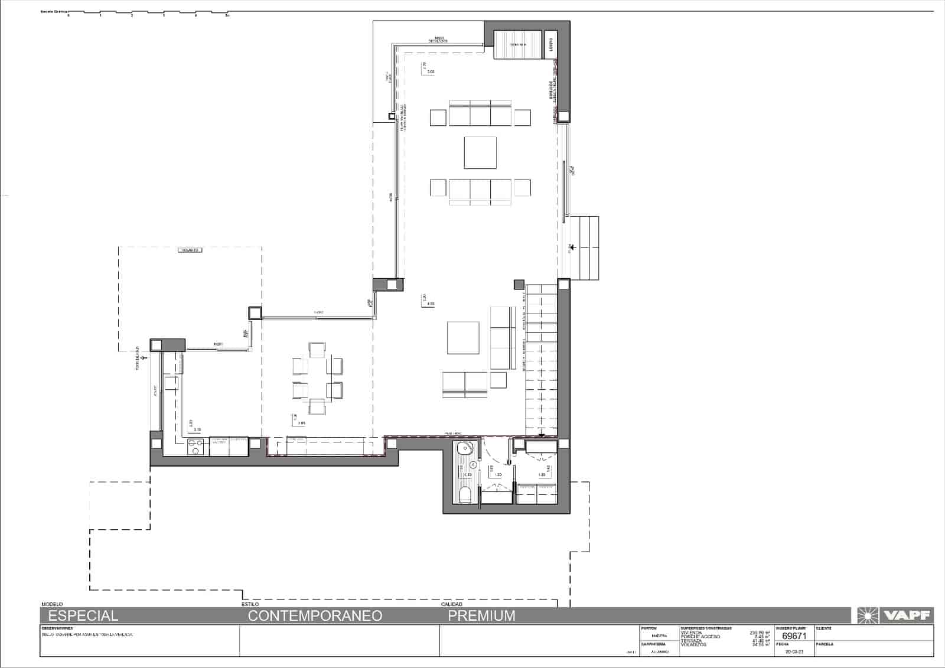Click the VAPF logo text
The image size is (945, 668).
click(x=907, y=615)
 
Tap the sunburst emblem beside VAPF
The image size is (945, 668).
click(x=866, y=615)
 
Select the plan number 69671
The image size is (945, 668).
click(x=794, y=636)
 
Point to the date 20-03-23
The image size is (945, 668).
click(x=793, y=652)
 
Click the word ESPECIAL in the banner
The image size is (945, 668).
click(x=83, y=615)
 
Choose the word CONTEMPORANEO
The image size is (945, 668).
click(x=315, y=615)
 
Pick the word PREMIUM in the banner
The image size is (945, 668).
click(x=481, y=615)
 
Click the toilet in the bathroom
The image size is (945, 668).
click(x=465, y=495)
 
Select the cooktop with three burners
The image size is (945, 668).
click(x=195, y=447)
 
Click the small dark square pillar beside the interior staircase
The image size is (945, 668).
click(x=519, y=285)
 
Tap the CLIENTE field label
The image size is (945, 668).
click(x=823, y=628)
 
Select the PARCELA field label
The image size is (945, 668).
click(x=824, y=644)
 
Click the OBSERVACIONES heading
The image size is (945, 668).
click(x=57, y=628)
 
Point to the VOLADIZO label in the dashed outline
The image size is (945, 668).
click(x=191, y=250)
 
